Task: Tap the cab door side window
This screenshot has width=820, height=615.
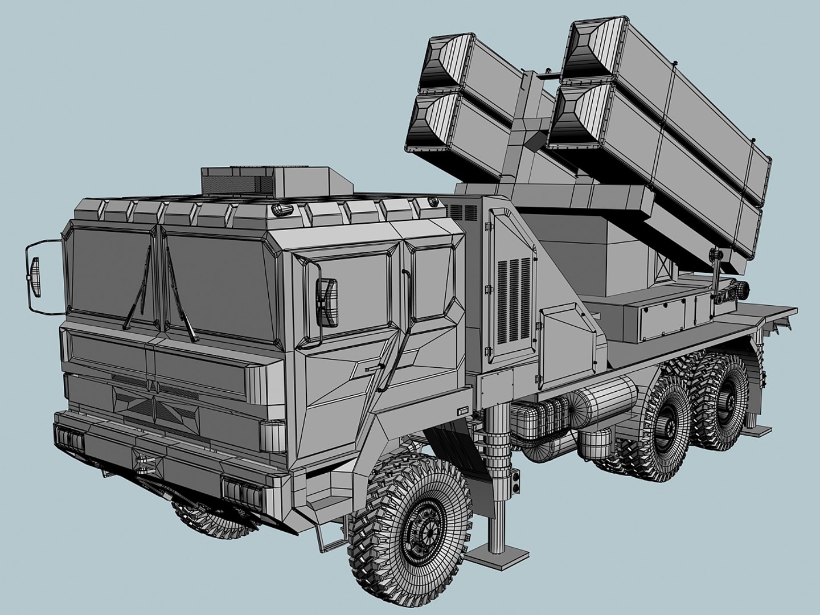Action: (353, 291)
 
